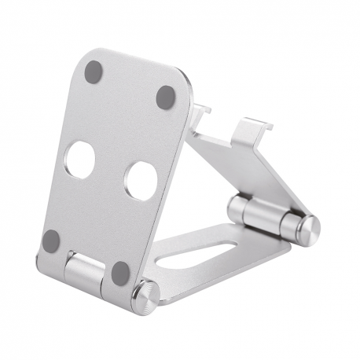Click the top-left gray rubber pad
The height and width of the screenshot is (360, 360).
click(94, 72)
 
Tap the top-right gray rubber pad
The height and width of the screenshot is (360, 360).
click(165, 97)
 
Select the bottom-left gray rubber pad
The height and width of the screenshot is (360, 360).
click(51, 241)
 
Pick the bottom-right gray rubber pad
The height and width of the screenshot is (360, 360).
click(120, 273)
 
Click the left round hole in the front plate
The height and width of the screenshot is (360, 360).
click(79, 160)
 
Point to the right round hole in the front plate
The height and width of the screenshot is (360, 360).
click(141, 180)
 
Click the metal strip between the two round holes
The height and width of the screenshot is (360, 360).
click(110, 171)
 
